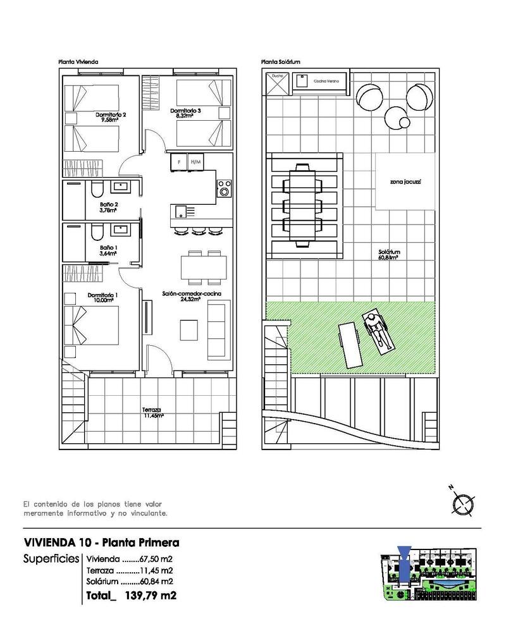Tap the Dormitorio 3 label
(x=185, y=113)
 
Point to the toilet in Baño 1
(x=96, y=231)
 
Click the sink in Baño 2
(x=119, y=187)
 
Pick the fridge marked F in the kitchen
(x=179, y=162)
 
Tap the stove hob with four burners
(x=224, y=188)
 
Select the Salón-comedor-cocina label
(x=181, y=297)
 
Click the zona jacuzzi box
(x=405, y=182)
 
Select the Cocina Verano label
(x=326, y=81)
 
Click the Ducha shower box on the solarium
(x=277, y=83)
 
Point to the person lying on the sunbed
(x=378, y=329)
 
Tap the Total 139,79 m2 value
(x=150, y=595)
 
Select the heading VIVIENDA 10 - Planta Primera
(x=101, y=542)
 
